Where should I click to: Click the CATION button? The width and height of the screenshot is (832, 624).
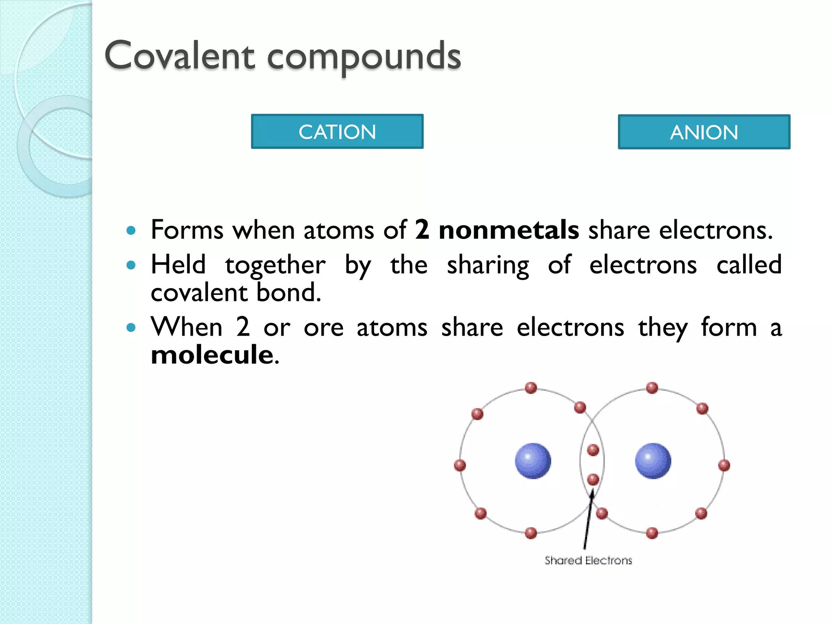(337, 132)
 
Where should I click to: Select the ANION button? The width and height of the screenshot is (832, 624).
(704, 132)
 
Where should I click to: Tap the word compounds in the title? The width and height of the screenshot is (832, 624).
(364, 57)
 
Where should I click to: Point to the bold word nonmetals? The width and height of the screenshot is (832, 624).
(509, 230)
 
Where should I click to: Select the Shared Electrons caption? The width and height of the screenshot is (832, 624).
(588, 561)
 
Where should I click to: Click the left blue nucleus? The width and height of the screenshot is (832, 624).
(533, 461)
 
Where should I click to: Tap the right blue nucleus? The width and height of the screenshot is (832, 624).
(653, 461)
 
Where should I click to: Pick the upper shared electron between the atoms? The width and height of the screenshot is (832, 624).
(593, 450)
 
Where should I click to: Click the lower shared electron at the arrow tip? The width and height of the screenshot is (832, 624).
(593, 479)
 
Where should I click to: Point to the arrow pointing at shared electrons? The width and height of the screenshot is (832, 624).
(587, 520)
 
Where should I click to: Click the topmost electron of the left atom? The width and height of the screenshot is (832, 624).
(531, 388)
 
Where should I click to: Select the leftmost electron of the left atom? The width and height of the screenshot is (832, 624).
(459, 465)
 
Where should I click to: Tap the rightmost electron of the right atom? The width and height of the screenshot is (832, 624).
(724, 465)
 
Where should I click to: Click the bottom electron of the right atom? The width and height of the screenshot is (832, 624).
(652, 533)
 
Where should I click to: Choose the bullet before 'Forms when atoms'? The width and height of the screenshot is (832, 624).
(130, 231)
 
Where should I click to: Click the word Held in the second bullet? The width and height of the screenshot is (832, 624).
(178, 265)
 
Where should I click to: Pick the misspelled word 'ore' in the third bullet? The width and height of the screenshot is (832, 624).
(323, 327)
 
